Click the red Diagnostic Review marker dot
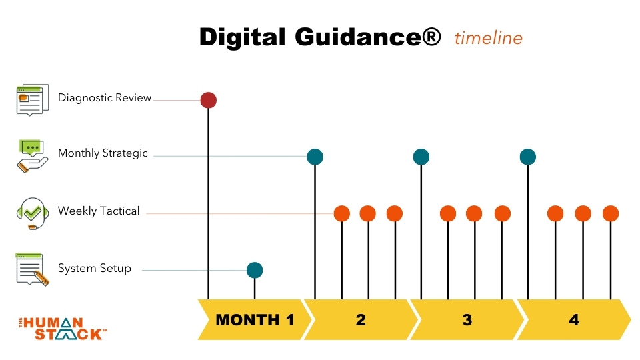coord(209,100)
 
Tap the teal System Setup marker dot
coord(255,270)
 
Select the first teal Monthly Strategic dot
coord(315,157)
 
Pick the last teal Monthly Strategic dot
coord(528,157)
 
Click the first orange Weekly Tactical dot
coord(342,213)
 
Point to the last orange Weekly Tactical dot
coord(611,213)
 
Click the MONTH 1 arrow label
coord(255,320)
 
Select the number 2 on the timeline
coord(361,320)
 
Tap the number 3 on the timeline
coord(467,320)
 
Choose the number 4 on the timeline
coord(574,320)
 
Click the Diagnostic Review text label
coord(105,98)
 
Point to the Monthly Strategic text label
coord(103,153)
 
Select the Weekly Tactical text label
coord(99,211)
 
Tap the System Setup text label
coord(95,269)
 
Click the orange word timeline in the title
coord(489,38)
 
